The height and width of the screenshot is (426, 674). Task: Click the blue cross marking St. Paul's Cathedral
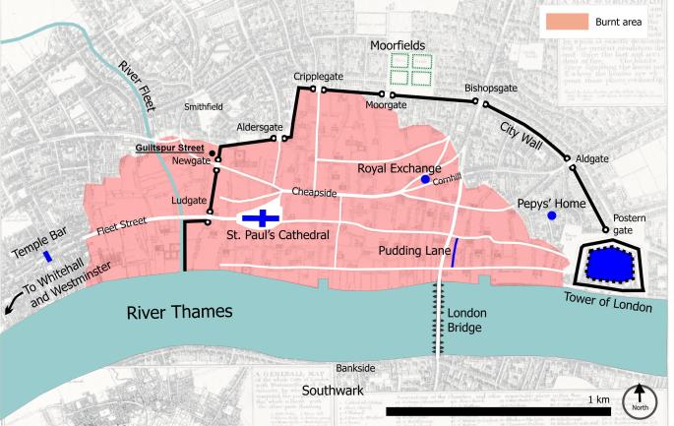[262, 216]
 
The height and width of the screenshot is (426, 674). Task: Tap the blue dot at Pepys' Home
[552, 215]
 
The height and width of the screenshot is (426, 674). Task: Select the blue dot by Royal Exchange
[425, 180]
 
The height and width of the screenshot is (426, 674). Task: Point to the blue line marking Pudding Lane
[453, 253]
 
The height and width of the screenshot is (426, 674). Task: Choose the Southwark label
[333, 390]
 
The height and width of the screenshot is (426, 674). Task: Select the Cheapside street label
[313, 192]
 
